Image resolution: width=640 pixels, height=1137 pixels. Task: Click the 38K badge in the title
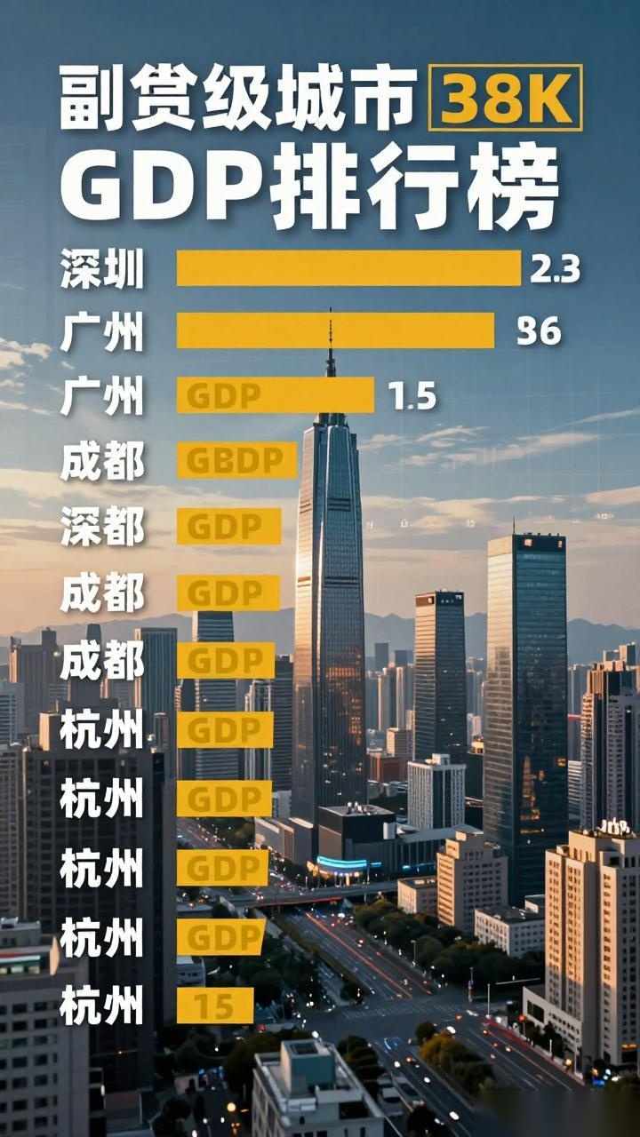(505, 97)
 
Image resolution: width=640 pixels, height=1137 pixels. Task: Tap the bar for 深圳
(348, 268)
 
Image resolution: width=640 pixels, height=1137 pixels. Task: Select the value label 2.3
(555, 268)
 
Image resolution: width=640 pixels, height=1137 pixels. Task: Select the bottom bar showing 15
(215, 1006)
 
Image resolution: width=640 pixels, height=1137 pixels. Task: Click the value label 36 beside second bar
(540, 331)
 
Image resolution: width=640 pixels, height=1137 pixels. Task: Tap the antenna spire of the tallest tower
(330, 346)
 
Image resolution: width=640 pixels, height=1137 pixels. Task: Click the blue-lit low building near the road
(343, 863)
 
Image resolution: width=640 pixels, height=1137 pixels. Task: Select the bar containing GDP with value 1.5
(276, 396)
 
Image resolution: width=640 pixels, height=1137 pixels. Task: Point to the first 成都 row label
(101, 461)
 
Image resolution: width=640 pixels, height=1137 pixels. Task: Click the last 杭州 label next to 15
(101, 1006)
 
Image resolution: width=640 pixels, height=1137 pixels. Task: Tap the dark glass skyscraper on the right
(525, 693)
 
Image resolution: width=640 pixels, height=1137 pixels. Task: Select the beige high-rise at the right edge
(594, 942)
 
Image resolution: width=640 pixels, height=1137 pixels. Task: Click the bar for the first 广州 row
(335, 331)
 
